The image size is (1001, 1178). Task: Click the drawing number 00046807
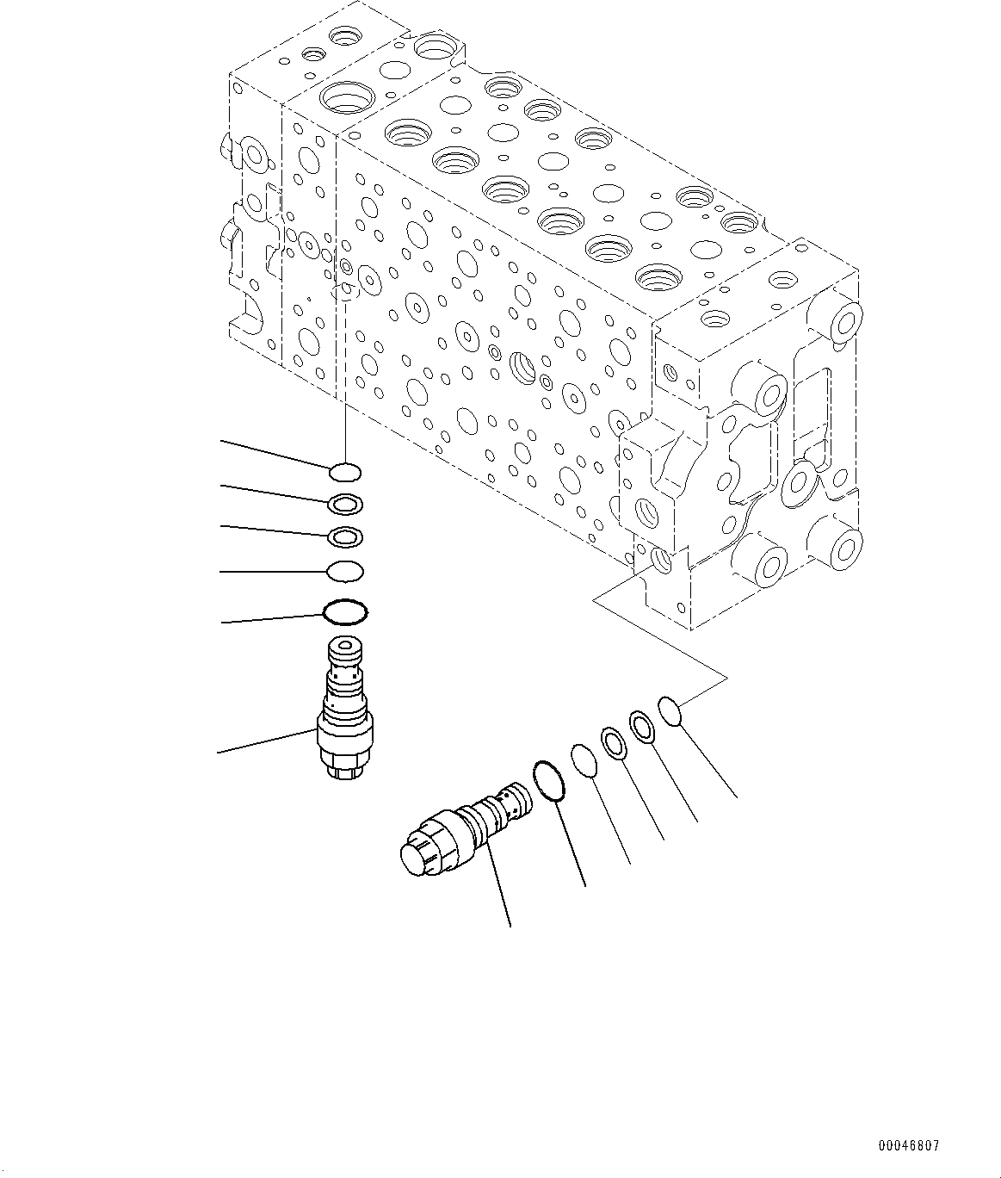(x=909, y=1146)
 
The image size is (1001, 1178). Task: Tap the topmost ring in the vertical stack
(x=345, y=471)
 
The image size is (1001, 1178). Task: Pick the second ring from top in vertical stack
(x=345, y=503)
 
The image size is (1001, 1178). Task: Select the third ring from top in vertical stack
(x=345, y=537)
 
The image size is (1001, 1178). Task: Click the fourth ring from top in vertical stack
(x=345, y=570)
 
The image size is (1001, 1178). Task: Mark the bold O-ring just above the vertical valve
(x=345, y=612)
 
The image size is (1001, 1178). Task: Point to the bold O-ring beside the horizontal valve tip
(x=548, y=780)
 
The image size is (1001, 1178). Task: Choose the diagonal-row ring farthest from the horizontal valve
(x=670, y=710)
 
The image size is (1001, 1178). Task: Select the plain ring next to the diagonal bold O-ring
(x=584, y=762)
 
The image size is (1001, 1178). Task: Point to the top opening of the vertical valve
(x=345, y=644)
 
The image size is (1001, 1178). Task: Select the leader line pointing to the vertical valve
(x=267, y=741)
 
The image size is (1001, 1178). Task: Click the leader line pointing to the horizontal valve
(x=498, y=887)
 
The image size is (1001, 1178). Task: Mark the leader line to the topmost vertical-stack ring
(x=275, y=455)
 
